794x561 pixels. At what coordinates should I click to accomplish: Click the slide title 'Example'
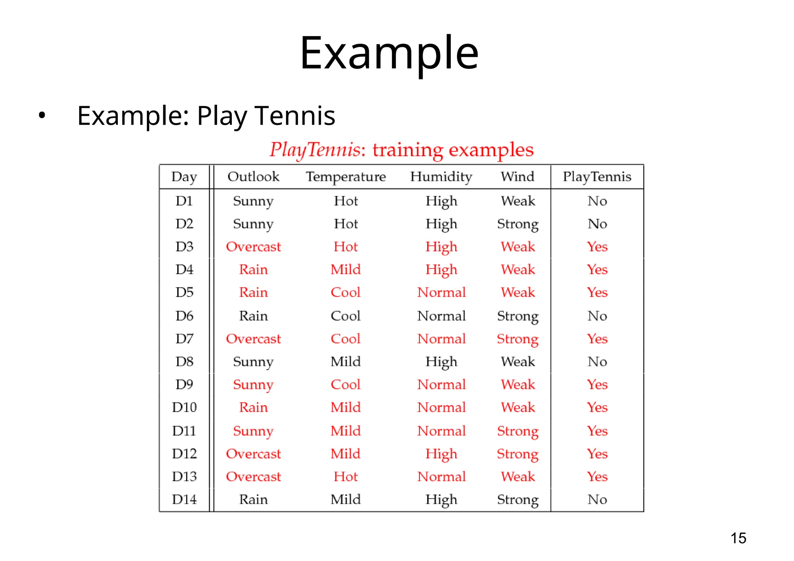(x=389, y=53)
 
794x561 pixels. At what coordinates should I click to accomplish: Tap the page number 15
(x=738, y=538)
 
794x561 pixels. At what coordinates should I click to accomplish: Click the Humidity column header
(x=441, y=177)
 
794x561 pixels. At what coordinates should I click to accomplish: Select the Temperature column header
(x=346, y=177)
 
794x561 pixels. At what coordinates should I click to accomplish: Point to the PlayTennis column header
(x=597, y=177)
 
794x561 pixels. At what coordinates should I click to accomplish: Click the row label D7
(x=184, y=339)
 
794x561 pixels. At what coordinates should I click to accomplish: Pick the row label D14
(x=184, y=499)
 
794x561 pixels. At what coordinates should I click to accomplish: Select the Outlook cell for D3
(x=253, y=247)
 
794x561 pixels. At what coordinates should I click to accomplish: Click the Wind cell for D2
(x=518, y=224)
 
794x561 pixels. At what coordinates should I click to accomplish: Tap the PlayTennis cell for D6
(x=597, y=316)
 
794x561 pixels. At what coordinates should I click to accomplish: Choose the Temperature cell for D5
(x=345, y=293)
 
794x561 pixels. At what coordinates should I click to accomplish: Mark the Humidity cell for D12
(x=441, y=454)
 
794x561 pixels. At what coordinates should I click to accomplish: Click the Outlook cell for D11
(x=253, y=431)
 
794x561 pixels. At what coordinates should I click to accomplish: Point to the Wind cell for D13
(x=518, y=477)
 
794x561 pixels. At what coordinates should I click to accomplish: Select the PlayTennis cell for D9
(x=597, y=385)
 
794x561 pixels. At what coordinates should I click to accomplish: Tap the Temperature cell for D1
(x=346, y=201)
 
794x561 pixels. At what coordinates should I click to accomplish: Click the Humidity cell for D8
(x=441, y=362)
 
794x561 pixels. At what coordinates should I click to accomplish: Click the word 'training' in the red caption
(x=408, y=150)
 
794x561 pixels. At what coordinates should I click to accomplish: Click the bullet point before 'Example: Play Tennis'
(x=42, y=115)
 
